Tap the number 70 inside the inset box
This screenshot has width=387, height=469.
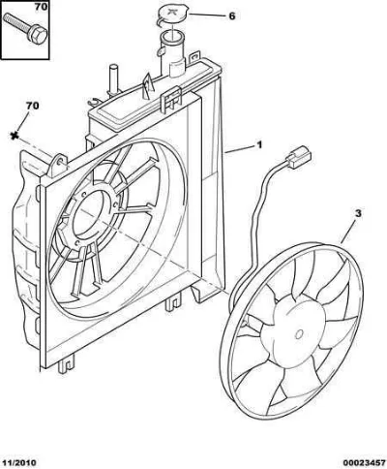click(x=42, y=7)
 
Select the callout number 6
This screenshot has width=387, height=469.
click(x=232, y=16)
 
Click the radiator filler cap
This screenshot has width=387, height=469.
click(x=172, y=16)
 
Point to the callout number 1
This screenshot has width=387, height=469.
click(x=259, y=144)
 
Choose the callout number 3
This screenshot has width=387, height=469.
click(x=358, y=213)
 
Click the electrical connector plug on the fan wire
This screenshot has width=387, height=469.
click(x=300, y=157)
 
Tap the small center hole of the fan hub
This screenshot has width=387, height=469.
click(x=300, y=334)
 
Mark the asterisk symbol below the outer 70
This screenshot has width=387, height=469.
click(x=14, y=136)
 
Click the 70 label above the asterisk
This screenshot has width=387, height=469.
click(x=32, y=106)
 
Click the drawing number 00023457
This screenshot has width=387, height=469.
click(x=364, y=463)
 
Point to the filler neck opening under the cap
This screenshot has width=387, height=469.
click(x=173, y=37)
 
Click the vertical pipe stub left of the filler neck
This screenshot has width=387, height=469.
click(x=114, y=80)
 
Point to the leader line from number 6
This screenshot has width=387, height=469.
click(x=206, y=16)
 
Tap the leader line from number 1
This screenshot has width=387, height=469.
click(x=239, y=149)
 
